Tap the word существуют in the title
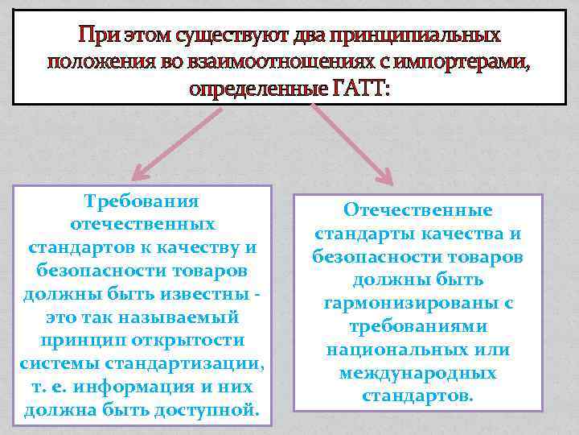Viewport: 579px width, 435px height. pyautogui.click(x=223, y=35)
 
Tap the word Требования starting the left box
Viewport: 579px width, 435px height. pyautogui.click(x=141, y=200)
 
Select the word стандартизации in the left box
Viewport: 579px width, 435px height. pyautogui.click(x=193, y=364)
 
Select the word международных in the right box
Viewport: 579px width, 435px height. pyautogui.click(x=418, y=374)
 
